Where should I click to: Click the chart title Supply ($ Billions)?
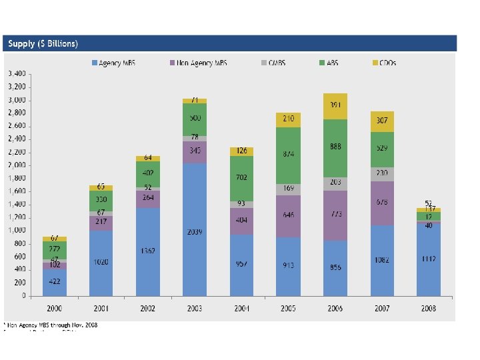[43, 44]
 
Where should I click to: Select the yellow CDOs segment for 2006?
[335, 105]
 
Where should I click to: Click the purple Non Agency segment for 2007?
[382, 202]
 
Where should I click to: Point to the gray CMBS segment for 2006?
[335, 183]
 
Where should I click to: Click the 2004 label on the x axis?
[241, 309]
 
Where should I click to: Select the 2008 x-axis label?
[429, 309]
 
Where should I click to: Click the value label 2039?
[195, 231]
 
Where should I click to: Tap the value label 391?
[335, 105]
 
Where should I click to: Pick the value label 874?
[289, 154]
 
